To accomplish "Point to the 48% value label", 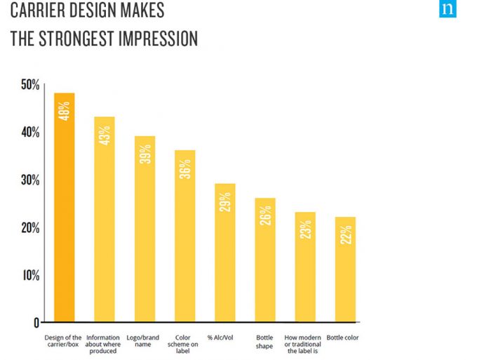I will pyautogui.click(x=65, y=112).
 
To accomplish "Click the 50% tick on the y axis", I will pyautogui.click(x=30, y=85).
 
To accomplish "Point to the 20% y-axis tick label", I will pyautogui.click(x=30, y=228).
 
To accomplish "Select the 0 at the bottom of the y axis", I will pyautogui.click(x=36, y=323).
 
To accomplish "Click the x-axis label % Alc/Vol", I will pyautogui.click(x=225, y=338).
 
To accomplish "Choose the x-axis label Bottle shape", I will pyautogui.click(x=265, y=342).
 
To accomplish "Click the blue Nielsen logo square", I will pyautogui.click(x=448, y=9).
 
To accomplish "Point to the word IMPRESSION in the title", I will pyautogui.click(x=157, y=38).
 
